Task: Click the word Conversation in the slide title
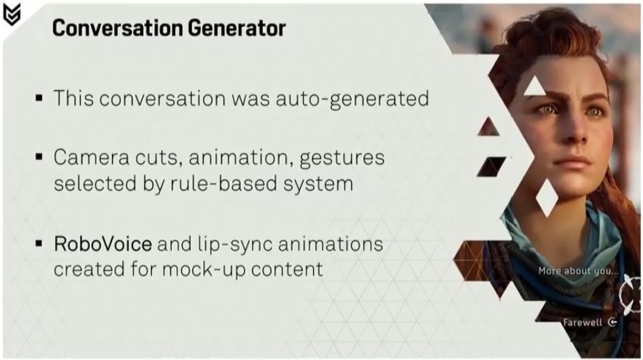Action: [117, 28]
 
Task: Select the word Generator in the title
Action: [236, 28]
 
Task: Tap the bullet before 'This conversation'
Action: [39, 98]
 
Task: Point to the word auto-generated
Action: [352, 99]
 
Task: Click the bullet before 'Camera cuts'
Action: [39, 157]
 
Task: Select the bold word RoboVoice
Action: [103, 244]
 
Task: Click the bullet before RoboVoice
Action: [39, 244]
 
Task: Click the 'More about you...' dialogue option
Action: [578, 271]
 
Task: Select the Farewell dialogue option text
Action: [583, 323]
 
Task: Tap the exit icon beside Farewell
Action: [612, 322]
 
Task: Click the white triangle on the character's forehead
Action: [534, 86]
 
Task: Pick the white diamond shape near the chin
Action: [547, 198]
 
